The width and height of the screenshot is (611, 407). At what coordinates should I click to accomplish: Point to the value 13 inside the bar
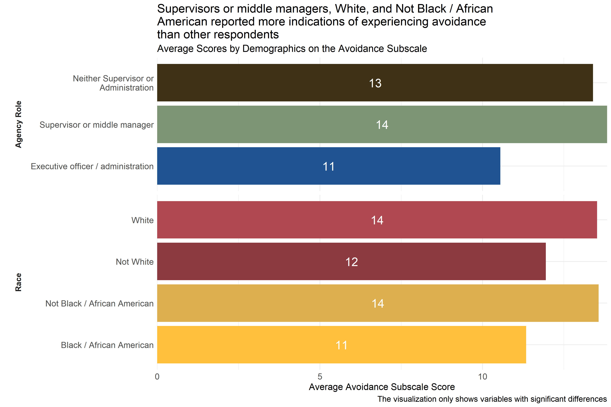(375, 83)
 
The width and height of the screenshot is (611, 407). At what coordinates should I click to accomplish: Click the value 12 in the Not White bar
(351, 262)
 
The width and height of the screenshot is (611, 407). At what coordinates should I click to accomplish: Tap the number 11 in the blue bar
(328, 166)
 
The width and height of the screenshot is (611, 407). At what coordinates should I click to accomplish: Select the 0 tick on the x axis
(157, 377)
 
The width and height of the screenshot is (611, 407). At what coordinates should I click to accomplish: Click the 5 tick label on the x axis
(320, 377)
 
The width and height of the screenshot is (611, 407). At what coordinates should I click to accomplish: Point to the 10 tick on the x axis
(482, 377)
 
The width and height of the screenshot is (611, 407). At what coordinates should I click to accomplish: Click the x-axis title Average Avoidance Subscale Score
(382, 387)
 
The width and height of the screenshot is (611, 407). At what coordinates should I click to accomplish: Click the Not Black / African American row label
(99, 303)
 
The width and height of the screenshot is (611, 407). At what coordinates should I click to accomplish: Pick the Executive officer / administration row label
(92, 166)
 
